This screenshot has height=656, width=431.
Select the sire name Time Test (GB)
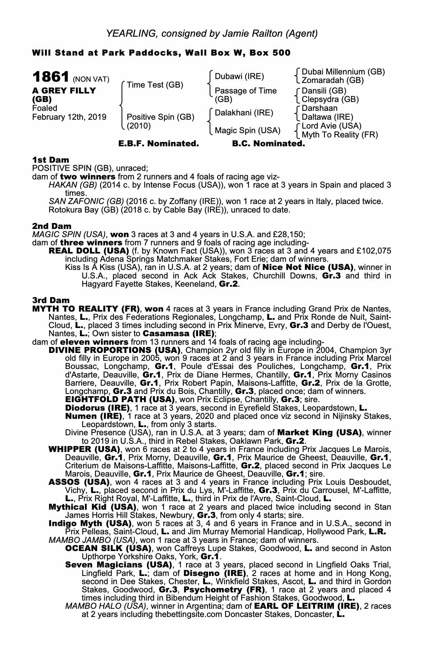155,85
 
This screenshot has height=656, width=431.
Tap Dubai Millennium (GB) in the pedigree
343,72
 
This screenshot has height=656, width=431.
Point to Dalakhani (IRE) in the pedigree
244,113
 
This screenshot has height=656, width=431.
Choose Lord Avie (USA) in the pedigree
331,126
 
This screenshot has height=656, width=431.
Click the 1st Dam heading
51,160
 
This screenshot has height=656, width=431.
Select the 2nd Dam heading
51,226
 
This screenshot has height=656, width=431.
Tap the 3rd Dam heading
51,300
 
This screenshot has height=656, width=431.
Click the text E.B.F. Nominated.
158,144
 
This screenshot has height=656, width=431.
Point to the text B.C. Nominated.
268,144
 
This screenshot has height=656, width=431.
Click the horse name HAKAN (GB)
72,185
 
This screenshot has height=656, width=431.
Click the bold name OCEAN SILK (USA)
108,548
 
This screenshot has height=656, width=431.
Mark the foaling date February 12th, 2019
69,117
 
